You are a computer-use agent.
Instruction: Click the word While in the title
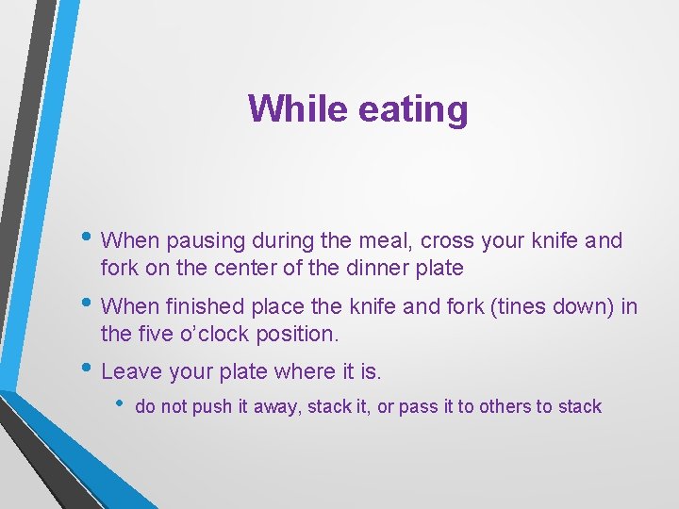coord(299,109)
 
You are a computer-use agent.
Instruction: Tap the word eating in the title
coord(413,109)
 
